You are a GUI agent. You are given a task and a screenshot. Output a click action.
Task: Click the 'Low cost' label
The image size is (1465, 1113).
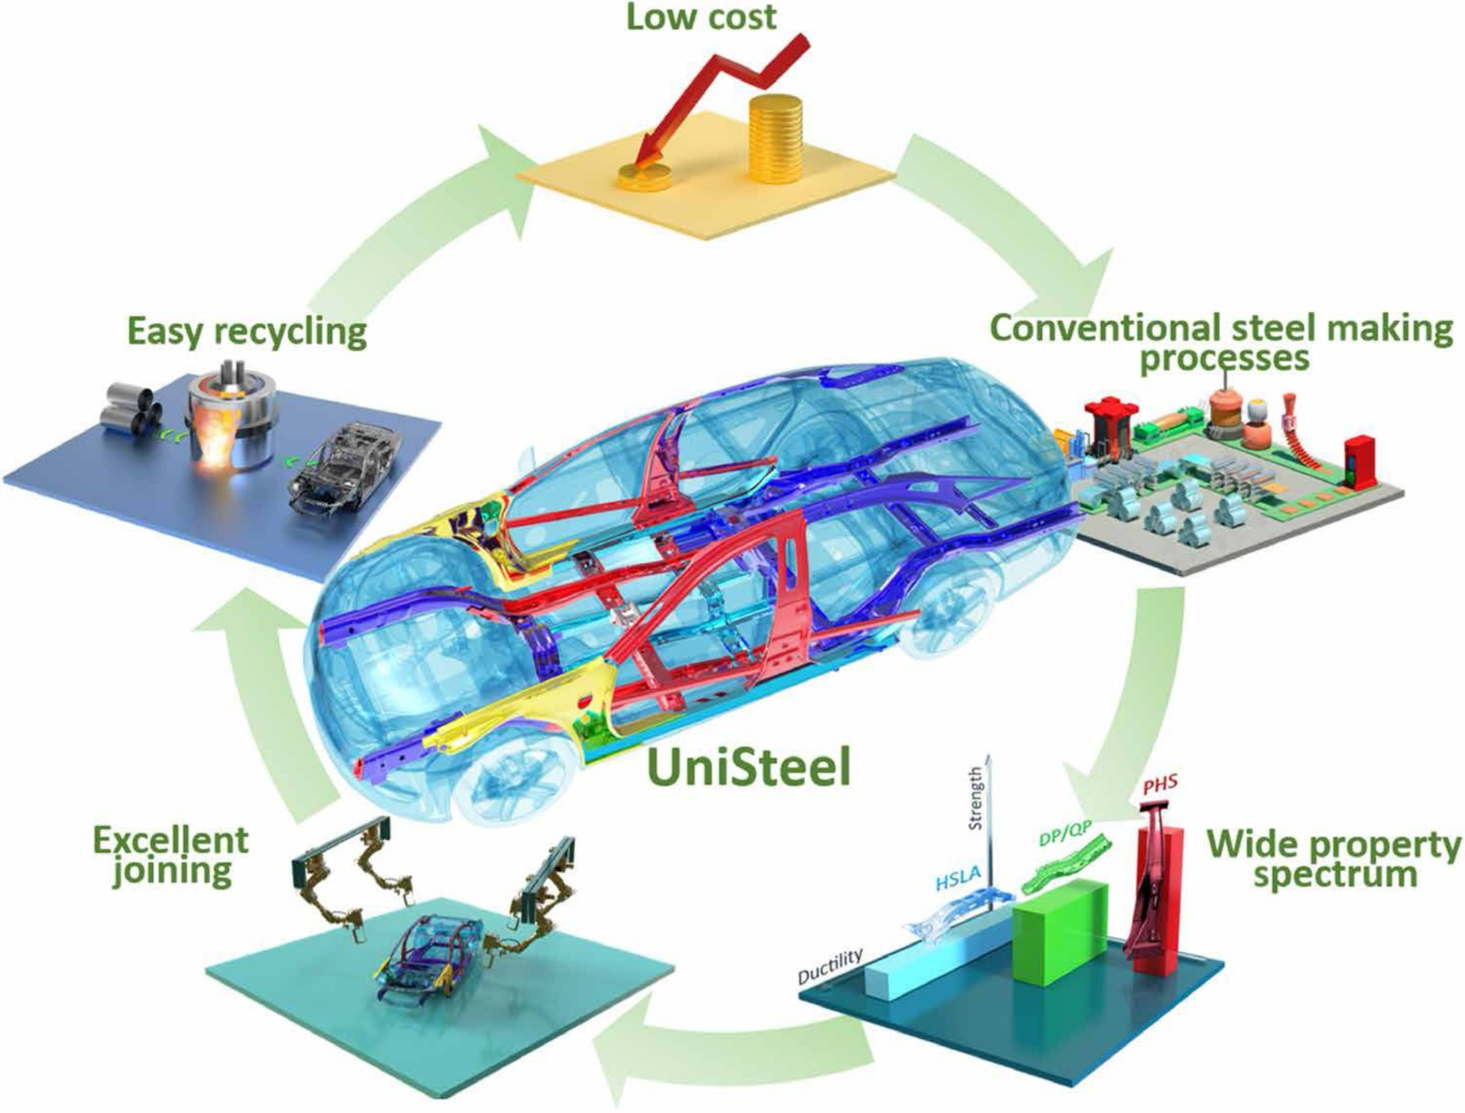(x=700, y=16)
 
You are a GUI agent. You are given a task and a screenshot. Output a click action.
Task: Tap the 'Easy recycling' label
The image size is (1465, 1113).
(x=246, y=330)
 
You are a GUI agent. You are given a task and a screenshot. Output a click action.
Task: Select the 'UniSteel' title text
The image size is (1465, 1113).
(x=748, y=767)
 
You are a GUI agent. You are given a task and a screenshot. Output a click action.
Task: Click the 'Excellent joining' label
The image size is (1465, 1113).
(x=171, y=854)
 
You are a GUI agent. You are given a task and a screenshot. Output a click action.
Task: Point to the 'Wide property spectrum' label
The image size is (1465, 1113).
(x=1333, y=858)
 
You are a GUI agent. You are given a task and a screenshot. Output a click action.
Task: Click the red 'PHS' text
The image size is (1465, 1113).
(x=1159, y=785)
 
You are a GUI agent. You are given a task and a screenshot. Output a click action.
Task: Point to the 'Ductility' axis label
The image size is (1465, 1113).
(x=830, y=967)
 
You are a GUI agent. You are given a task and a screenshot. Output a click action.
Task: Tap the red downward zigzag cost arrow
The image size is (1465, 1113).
(x=723, y=92)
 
